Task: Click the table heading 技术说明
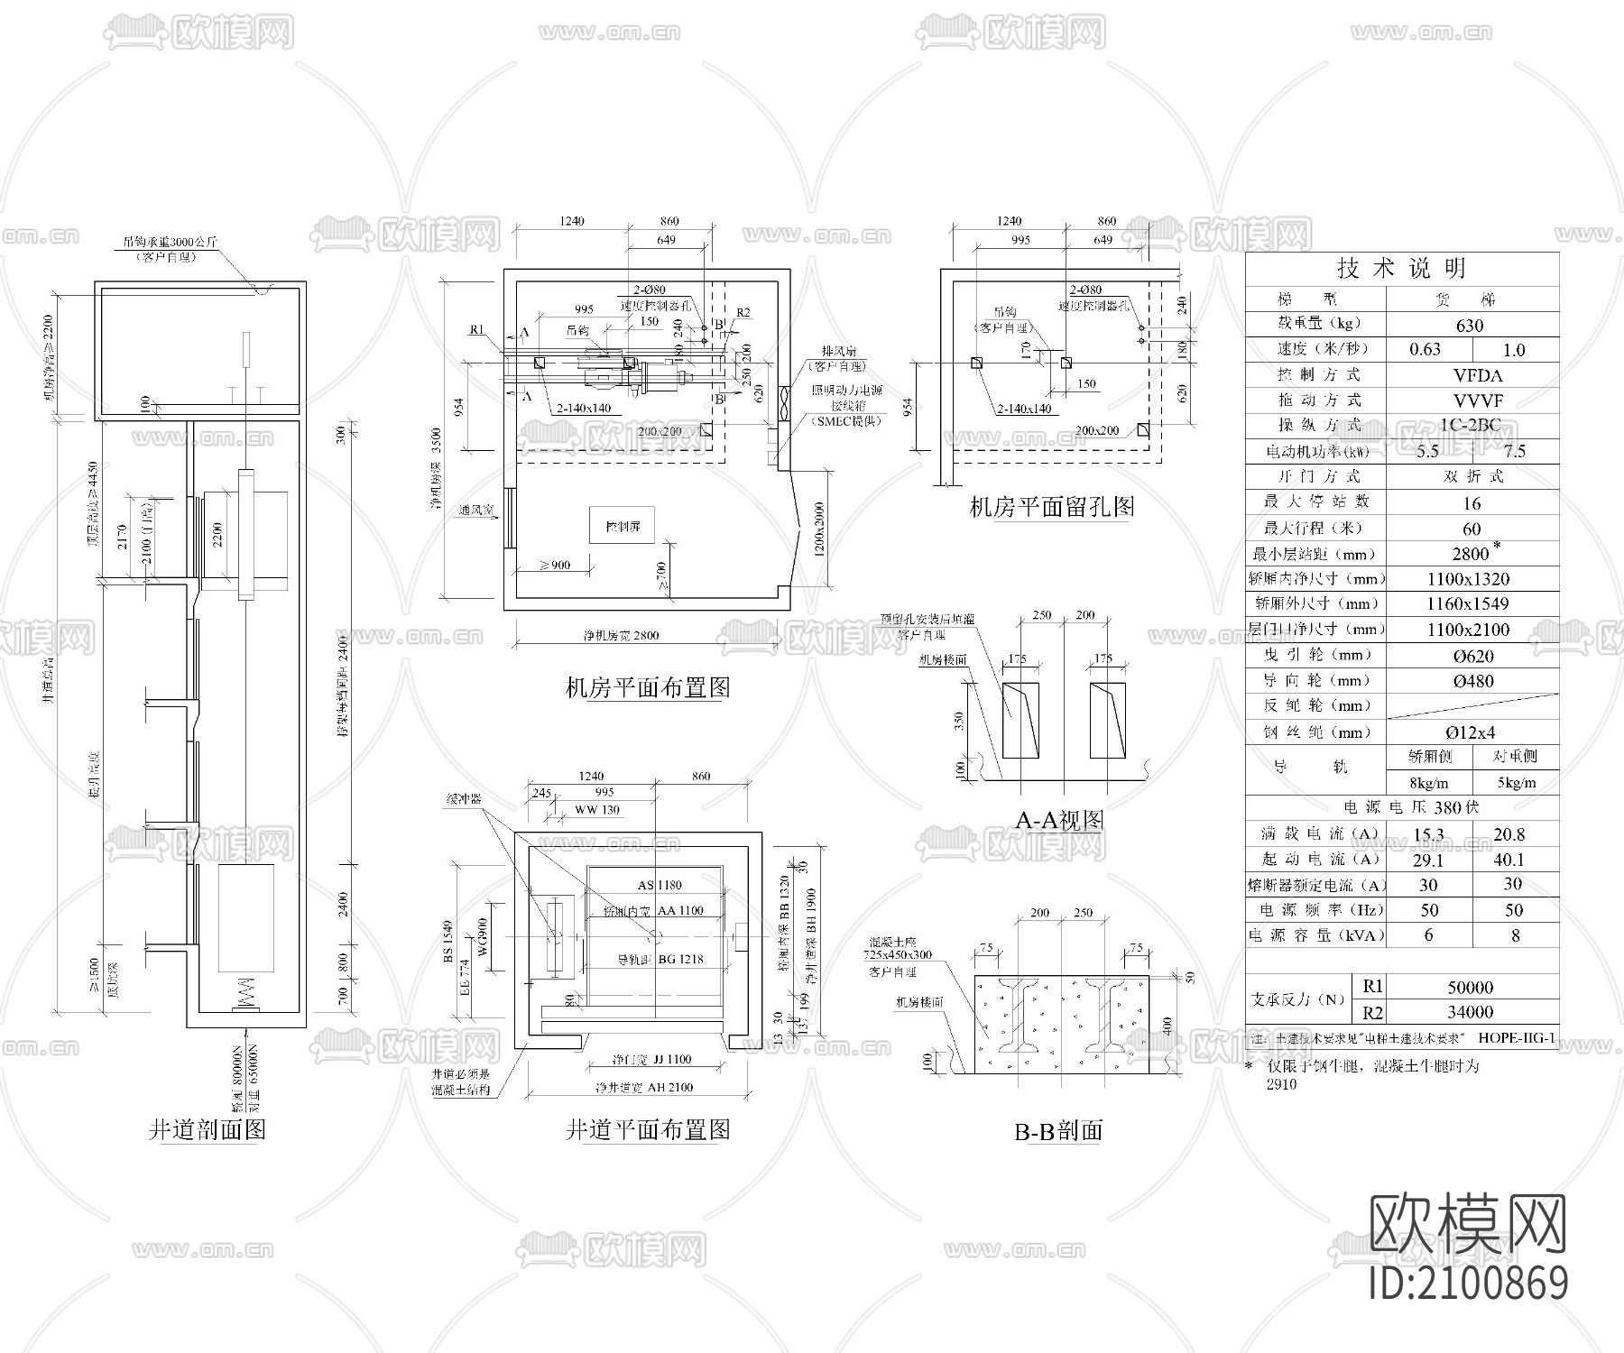(1401, 268)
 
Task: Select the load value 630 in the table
(1470, 326)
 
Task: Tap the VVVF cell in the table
(1478, 400)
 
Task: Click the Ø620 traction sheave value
(1472, 656)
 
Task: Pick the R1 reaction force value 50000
(1470, 987)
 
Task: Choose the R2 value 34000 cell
(1470, 1012)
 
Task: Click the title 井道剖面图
(207, 1129)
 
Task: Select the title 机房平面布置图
(647, 688)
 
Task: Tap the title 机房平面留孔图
(1052, 507)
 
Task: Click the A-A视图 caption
(1059, 820)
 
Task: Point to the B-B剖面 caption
(1058, 1131)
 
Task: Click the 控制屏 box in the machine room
(623, 525)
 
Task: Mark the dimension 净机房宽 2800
(621, 635)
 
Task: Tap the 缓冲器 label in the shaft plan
(464, 799)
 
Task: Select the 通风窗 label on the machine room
(475, 511)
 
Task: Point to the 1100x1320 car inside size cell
(1468, 579)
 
